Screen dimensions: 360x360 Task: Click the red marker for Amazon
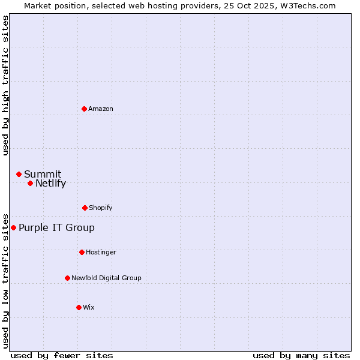tap(84, 109)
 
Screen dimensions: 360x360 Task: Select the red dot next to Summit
tap(19, 174)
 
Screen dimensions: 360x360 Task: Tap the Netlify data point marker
tap(30, 183)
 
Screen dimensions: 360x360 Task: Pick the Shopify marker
tap(85, 208)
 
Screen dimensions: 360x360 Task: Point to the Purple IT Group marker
tap(13, 227)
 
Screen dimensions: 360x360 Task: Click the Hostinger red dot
tap(82, 252)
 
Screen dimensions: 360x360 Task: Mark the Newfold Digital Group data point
tap(67, 278)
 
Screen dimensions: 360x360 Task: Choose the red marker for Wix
tap(79, 307)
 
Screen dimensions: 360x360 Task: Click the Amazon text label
tap(101, 109)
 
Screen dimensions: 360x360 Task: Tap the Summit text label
tap(43, 175)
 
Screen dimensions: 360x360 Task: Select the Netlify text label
tap(50, 184)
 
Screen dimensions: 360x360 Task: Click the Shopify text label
tap(101, 208)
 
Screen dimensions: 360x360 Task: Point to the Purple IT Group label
tap(56, 228)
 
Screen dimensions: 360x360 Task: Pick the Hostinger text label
tap(101, 252)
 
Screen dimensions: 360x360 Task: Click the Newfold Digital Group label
tap(106, 278)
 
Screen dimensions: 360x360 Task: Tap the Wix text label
tap(89, 307)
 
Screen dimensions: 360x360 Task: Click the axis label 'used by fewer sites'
tap(62, 355)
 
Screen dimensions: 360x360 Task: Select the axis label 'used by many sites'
tap(301, 355)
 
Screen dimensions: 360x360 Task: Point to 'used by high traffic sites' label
tap(5, 85)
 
